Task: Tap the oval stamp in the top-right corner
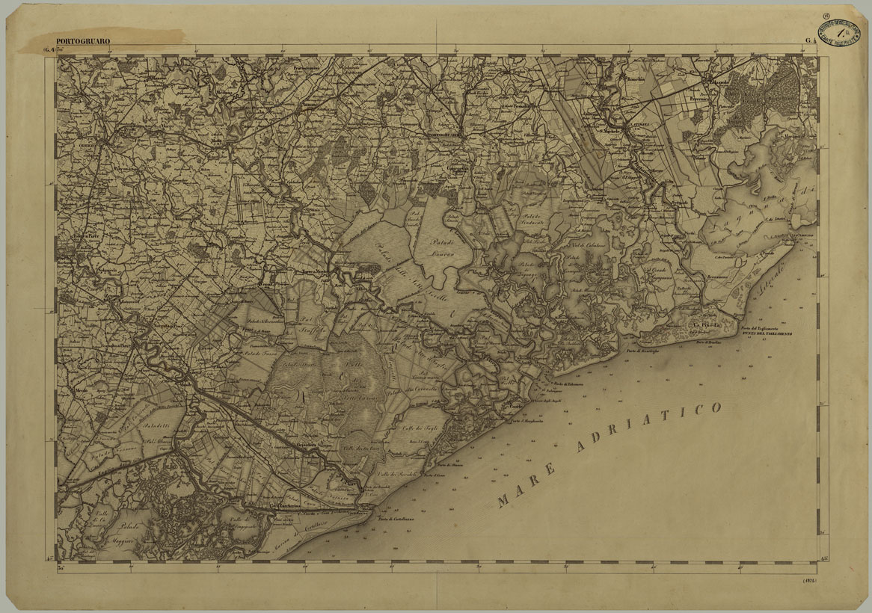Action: pyautogui.click(x=838, y=32)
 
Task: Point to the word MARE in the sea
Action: pyautogui.click(x=527, y=487)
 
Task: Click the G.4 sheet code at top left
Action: pyautogui.click(x=49, y=51)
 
